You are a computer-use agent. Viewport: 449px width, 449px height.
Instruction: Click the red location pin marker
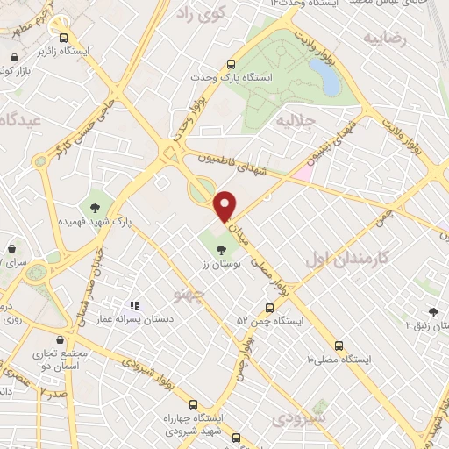click(226, 204)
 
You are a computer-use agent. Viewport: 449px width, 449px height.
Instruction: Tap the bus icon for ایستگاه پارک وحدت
click(232, 64)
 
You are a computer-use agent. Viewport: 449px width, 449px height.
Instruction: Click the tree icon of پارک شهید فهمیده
click(94, 208)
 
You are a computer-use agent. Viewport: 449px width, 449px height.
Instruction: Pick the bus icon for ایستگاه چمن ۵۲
click(268, 308)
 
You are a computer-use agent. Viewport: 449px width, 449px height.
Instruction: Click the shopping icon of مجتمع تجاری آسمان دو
click(59, 339)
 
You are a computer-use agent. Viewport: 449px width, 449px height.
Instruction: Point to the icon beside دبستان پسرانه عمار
click(134, 306)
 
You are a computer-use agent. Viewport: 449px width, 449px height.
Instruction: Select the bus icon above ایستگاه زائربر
click(62, 38)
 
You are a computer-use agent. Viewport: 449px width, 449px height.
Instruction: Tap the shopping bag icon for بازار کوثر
click(16, 57)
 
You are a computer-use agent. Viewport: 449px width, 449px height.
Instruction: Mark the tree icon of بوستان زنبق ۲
click(433, 310)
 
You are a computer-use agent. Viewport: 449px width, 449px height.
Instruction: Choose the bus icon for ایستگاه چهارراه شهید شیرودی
click(234, 438)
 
